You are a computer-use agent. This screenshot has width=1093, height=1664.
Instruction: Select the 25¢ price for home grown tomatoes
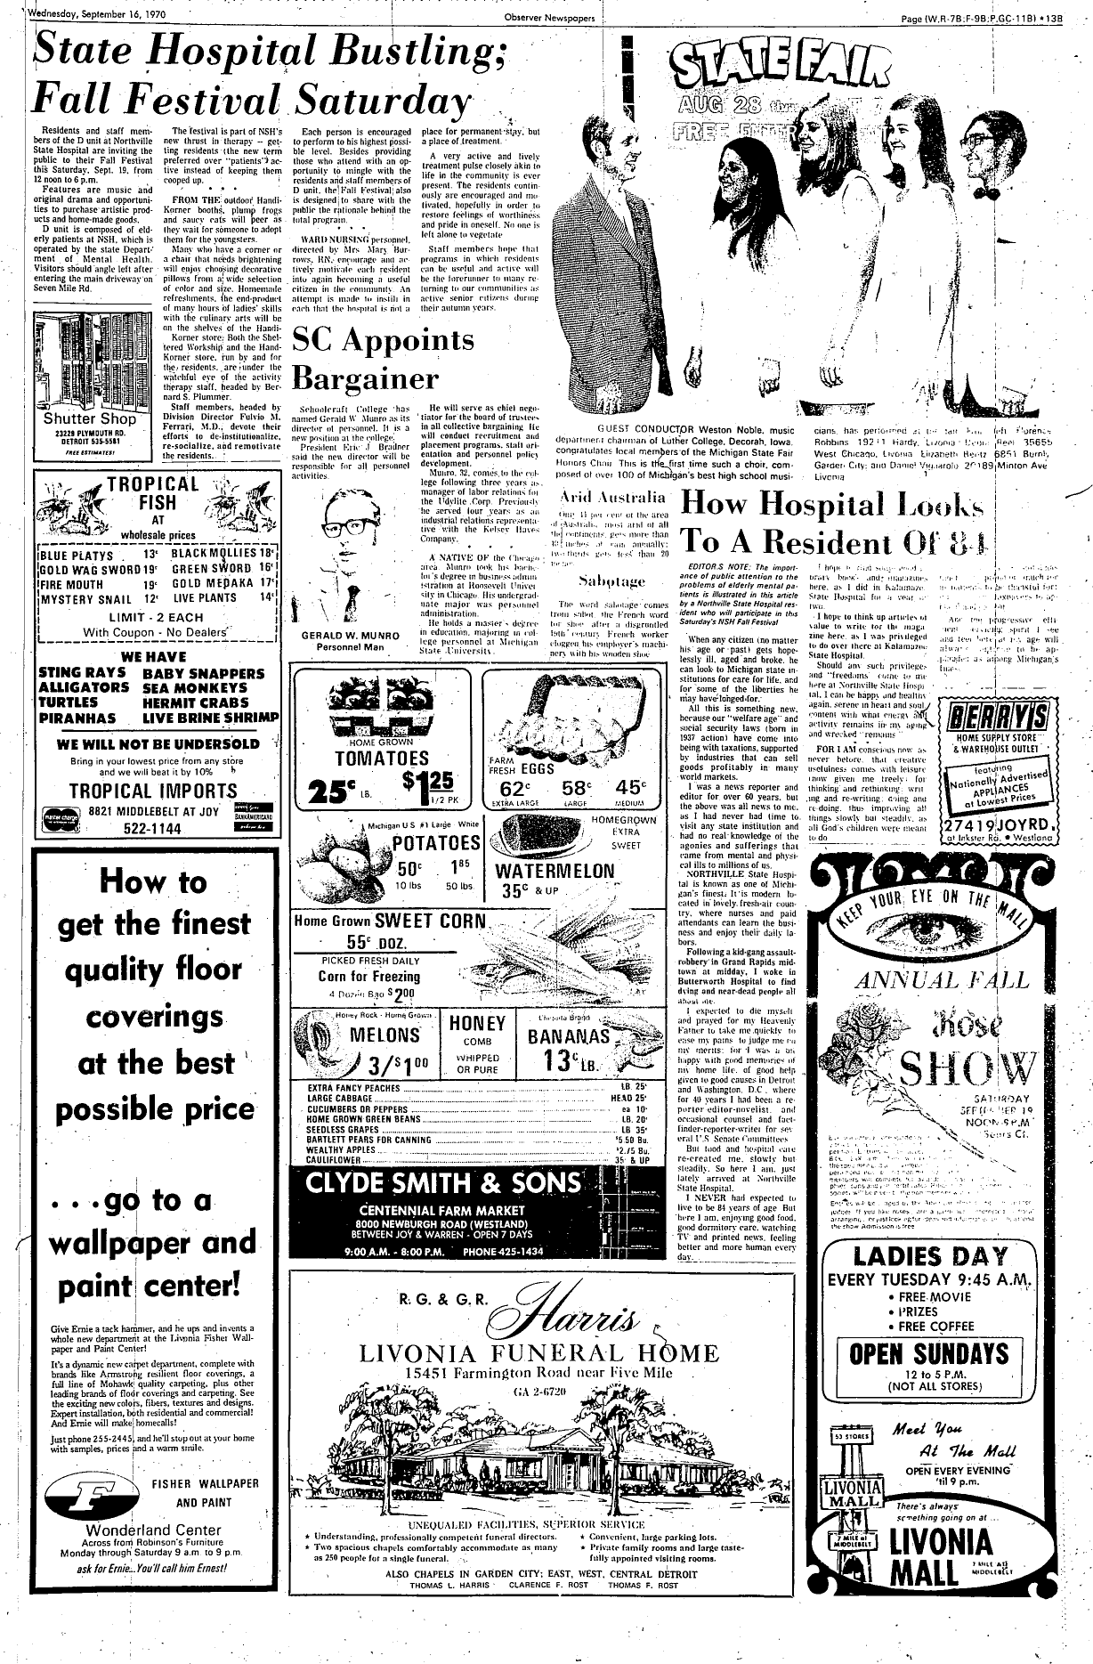point(328,791)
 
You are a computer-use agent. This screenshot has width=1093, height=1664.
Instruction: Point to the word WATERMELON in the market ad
point(555,871)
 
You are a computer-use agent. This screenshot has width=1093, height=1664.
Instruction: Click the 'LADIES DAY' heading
point(929,1257)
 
